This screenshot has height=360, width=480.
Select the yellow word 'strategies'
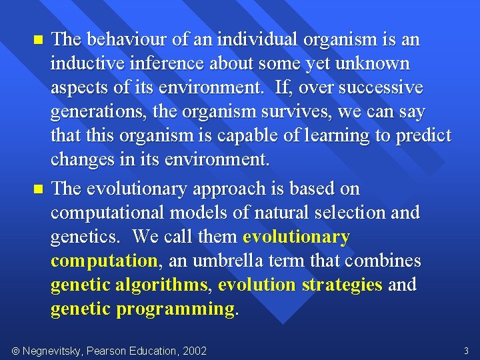(x=342, y=285)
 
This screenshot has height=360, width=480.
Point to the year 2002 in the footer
(x=193, y=351)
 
